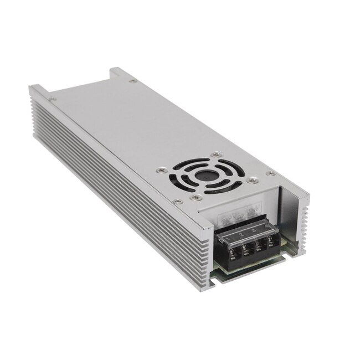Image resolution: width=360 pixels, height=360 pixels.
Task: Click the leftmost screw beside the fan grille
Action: coord(160,170)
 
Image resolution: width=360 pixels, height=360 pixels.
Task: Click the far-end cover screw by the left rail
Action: coord(52,99)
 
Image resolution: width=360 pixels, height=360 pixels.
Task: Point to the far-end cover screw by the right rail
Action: coord(132,81)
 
